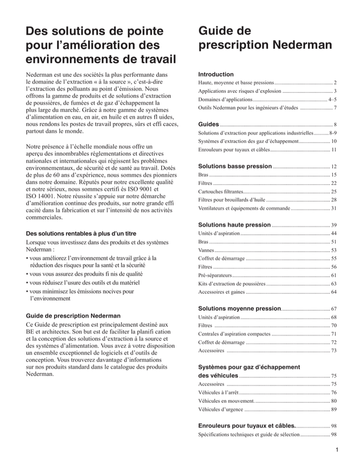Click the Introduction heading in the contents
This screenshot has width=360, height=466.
click(x=216, y=74)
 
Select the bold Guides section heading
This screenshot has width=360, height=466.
click(x=209, y=124)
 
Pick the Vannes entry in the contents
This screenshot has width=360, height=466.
click(x=207, y=250)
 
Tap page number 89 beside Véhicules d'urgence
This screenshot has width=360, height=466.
click(x=334, y=409)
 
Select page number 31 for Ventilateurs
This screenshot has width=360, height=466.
click(x=334, y=208)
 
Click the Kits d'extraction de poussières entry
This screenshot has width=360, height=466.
click(x=232, y=284)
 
